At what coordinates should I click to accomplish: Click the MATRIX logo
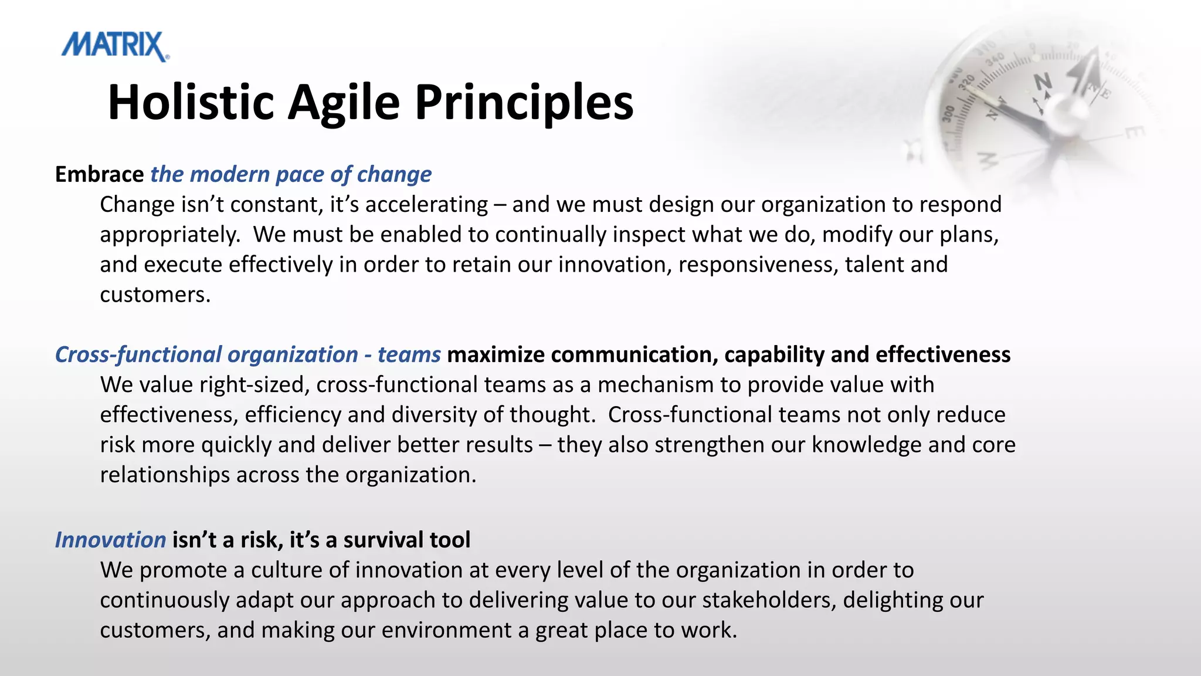click(115, 46)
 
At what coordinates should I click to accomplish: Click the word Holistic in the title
click(191, 103)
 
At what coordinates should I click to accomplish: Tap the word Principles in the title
click(524, 103)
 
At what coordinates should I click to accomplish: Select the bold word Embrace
click(99, 174)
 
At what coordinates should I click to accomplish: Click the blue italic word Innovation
click(110, 540)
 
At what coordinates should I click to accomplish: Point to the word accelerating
click(426, 205)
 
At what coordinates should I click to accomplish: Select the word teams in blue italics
click(409, 355)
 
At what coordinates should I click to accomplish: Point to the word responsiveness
click(758, 265)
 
